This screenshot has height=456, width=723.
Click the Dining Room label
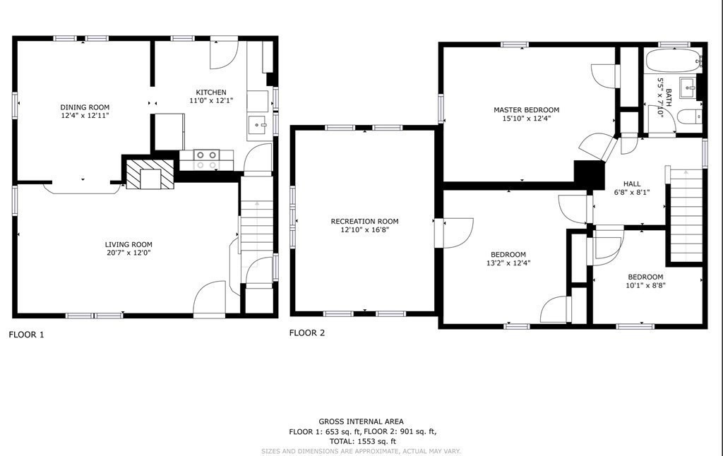pos(85,107)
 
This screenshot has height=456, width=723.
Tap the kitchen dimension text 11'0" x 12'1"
pos(211,100)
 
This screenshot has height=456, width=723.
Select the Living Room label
pos(129,245)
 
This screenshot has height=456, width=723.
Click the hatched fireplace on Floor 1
pos(150,174)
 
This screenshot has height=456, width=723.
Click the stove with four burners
pos(206,160)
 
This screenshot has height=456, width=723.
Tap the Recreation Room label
pos(365,222)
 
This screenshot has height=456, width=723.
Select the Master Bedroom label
pos(527,109)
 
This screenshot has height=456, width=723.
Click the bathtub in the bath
pos(674,61)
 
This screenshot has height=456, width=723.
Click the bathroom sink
pos(689,88)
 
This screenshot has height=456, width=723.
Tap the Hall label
pos(632,184)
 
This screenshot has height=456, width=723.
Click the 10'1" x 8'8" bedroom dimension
pos(645,285)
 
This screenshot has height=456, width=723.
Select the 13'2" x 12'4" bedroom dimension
pos(508,263)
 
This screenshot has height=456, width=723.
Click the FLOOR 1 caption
pos(26,335)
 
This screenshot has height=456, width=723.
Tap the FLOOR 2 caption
pos(307,333)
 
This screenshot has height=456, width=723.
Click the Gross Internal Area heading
pos(361,421)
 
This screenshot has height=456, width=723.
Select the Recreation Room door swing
pos(458,233)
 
